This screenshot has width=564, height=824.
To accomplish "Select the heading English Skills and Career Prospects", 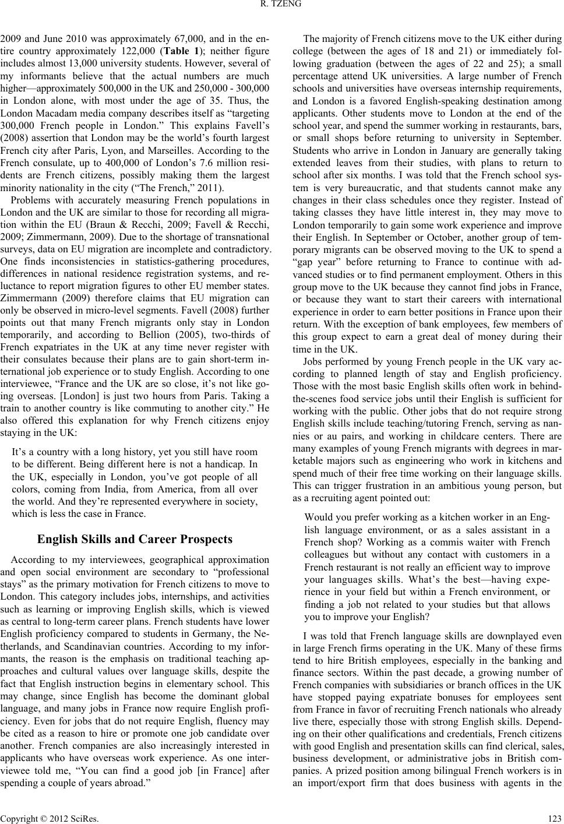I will click(x=135, y=539).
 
